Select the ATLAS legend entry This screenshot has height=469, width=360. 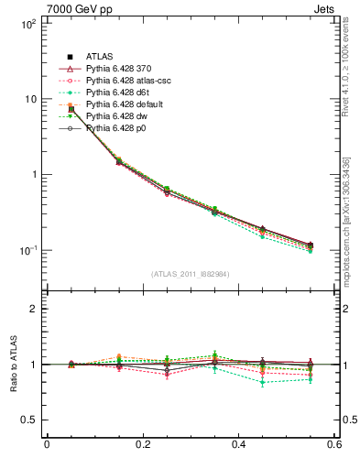click(98, 57)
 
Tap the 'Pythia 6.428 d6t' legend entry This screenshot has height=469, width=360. click(122, 93)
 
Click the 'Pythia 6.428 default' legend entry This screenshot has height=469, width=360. click(128, 104)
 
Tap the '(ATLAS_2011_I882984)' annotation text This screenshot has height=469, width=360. click(190, 272)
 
